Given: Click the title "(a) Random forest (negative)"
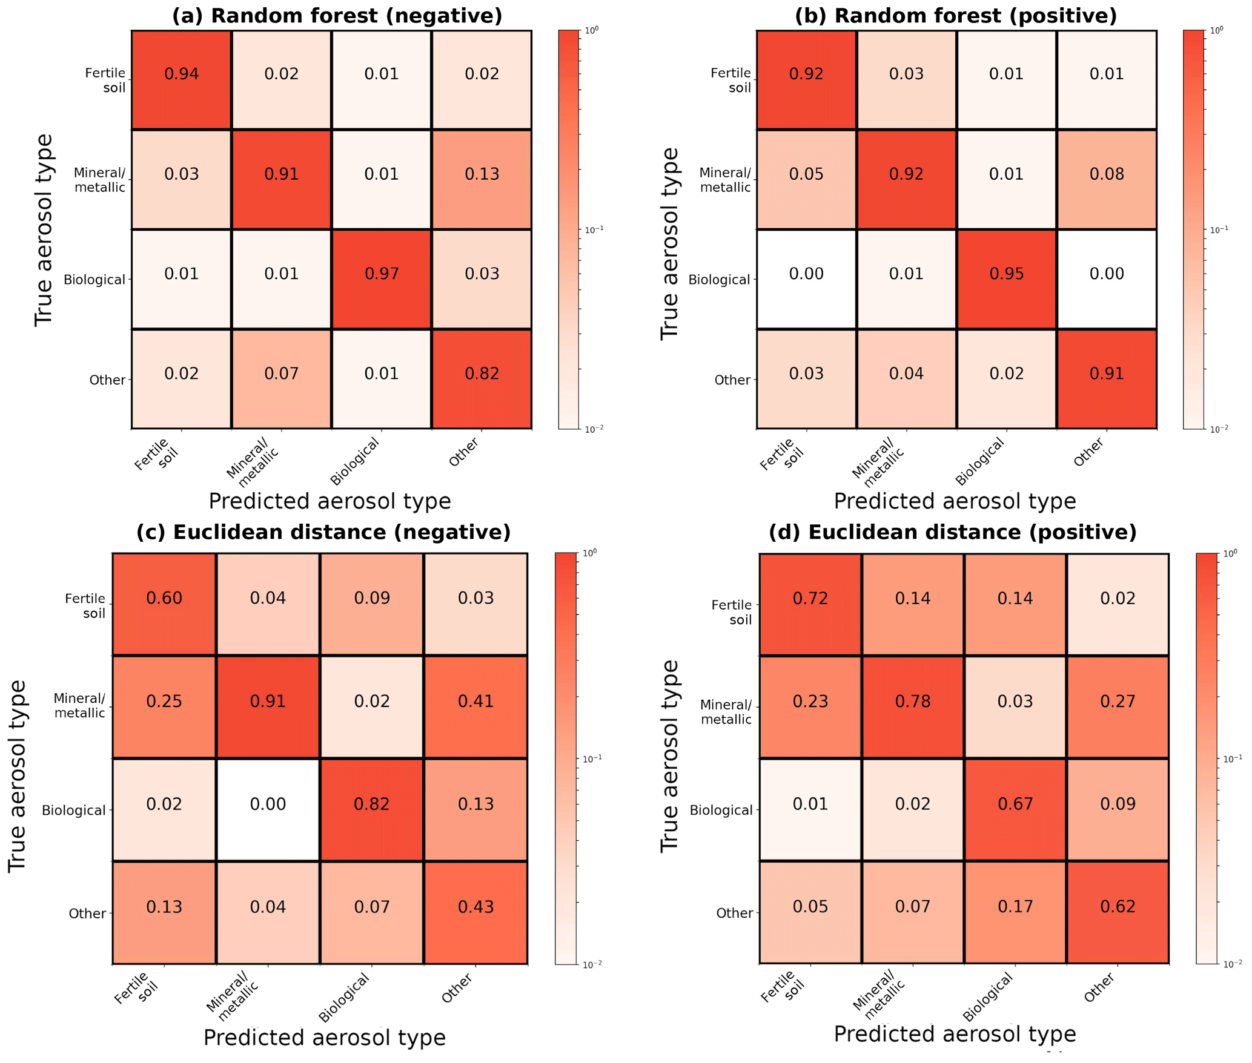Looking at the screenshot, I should (x=337, y=16).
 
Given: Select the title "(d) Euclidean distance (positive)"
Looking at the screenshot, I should (x=952, y=533).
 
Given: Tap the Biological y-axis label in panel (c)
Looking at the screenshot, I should (x=73, y=811).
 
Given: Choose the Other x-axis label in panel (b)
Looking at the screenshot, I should (x=1088, y=453).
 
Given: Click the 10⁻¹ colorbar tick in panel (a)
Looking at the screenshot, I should (x=594, y=230).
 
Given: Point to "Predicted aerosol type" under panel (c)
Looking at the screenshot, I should (x=325, y=1038).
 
